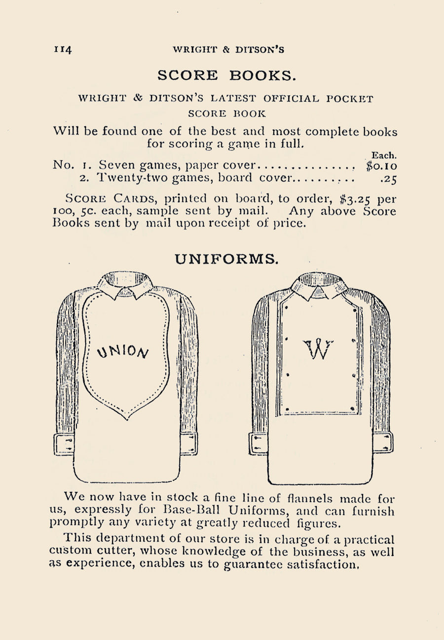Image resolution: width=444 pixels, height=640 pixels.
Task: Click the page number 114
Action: [64, 50]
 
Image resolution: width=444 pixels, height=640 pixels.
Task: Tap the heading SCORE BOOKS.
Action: [226, 75]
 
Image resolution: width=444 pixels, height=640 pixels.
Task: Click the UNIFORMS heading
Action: [226, 259]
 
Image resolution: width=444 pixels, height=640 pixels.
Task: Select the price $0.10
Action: [381, 166]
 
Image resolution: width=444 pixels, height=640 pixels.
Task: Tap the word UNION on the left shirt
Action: [124, 350]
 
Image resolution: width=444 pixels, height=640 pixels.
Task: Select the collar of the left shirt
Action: [125, 284]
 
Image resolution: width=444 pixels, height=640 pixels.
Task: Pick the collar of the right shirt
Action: [319, 285]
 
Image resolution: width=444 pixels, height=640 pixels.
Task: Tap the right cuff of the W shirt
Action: [383, 442]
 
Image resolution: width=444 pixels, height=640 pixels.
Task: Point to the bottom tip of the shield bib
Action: [127, 418]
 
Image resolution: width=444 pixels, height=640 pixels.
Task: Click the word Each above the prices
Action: [384, 155]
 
